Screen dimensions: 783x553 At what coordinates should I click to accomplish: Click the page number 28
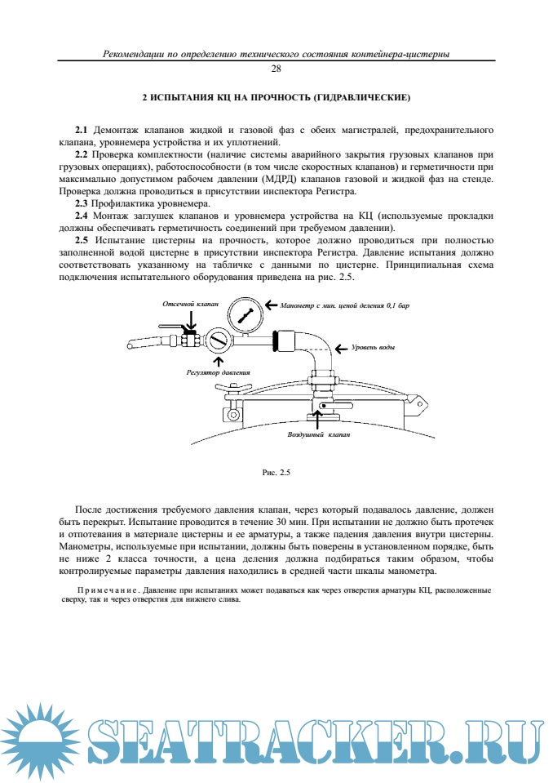(276, 69)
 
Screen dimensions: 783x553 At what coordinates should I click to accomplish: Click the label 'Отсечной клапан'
(187, 303)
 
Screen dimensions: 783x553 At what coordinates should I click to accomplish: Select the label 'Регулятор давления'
(218, 371)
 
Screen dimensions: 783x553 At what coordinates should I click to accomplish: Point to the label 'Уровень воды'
(374, 348)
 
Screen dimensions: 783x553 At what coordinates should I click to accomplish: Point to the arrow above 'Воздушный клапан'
(318, 419)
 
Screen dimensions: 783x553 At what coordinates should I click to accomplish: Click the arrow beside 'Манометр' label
(270, 306)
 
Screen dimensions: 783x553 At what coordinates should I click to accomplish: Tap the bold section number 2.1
(82, 131)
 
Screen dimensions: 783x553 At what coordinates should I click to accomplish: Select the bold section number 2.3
(82, 202)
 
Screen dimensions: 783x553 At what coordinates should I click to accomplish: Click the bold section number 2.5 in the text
(82, 241)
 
